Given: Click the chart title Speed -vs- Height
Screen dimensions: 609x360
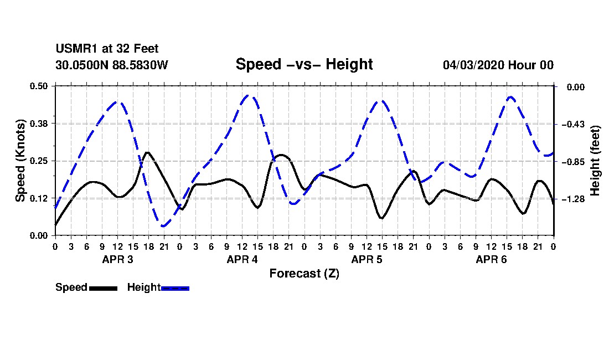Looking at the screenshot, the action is click(304, 64).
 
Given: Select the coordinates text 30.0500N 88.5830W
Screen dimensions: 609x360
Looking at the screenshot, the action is click(111, 65).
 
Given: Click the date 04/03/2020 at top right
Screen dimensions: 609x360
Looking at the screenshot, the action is click(473, 65).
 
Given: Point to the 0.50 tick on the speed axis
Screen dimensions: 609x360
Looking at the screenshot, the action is click(38, 86).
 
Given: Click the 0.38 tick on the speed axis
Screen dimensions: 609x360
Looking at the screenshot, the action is click(38, 124).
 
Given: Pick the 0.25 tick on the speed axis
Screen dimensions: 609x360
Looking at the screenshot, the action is click(38, 161).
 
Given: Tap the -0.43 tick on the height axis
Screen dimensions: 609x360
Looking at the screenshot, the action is click(573, 124).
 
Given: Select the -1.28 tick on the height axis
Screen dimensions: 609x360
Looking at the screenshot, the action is click(573, 199).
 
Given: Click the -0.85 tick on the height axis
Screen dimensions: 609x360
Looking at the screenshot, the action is click(573, 162).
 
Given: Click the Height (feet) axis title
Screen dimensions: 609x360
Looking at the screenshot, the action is click(595, 161).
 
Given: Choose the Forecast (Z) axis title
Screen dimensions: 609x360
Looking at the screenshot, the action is click(304, 274).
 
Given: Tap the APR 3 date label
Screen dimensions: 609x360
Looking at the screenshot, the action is click(118, 259).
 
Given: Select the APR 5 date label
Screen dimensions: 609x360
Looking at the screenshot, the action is click(367, 259).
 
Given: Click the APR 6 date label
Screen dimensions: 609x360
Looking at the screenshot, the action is click(491, 259).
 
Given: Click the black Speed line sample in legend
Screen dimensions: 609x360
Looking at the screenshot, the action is click(103, 288).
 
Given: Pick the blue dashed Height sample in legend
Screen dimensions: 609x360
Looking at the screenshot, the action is click(175, 288).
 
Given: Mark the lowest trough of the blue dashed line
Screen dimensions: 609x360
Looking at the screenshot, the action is click(163, 225).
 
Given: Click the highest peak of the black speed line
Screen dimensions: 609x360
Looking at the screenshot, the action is click(147, 153).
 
